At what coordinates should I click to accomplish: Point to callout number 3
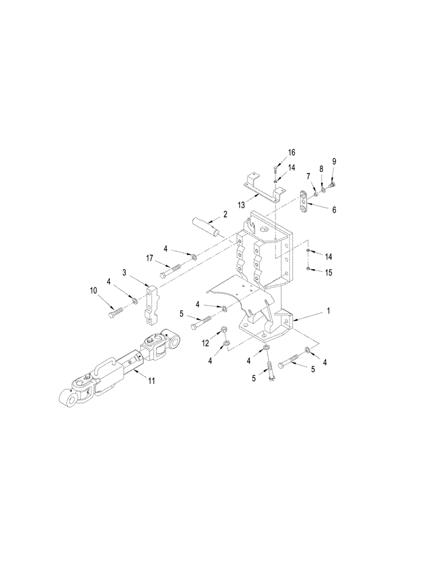tap(124, 271)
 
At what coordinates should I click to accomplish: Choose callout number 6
tap(333, 210)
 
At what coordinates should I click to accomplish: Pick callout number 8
tap(334, 161)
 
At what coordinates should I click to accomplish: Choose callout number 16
tap(292, 152)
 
